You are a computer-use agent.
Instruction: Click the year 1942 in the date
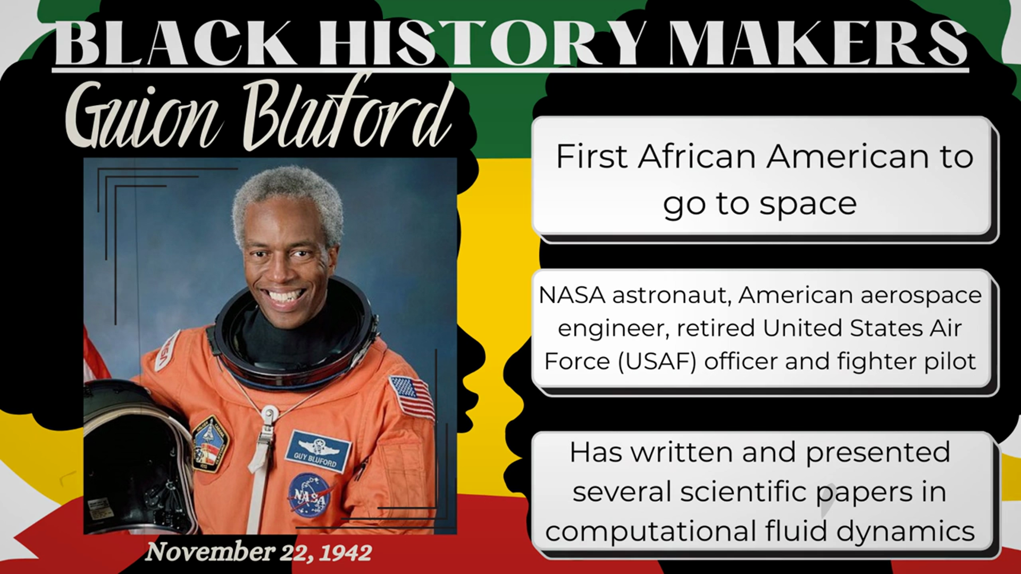345,553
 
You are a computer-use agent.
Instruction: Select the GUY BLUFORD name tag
317,451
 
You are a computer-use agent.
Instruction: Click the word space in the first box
808,205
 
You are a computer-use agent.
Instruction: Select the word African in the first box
697,157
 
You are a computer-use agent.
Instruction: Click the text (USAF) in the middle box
657,362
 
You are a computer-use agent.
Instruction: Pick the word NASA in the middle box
572,296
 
